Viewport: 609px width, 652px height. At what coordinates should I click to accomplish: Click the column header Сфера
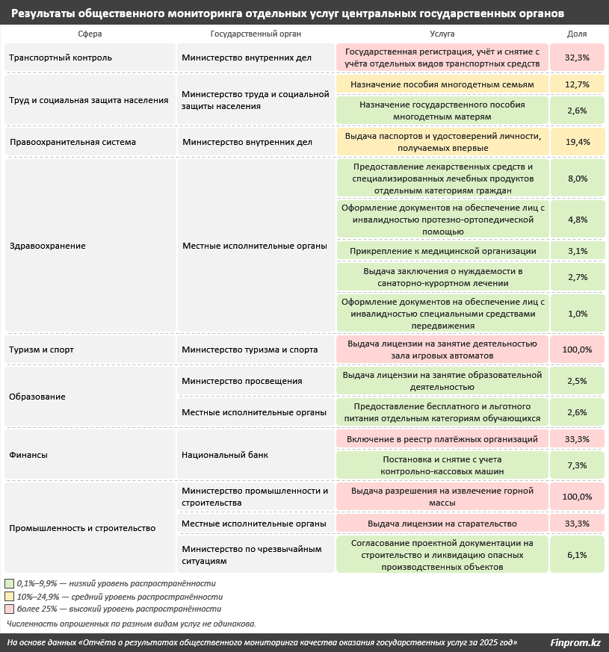coord(90,34)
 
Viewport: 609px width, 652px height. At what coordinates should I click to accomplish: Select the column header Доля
coord(577,34)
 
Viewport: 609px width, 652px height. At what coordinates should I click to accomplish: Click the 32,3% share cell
coord(578,58)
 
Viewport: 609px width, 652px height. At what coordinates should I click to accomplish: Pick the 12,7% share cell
coord(578,84)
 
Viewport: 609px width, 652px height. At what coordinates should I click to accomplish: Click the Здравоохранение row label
coord(48,246)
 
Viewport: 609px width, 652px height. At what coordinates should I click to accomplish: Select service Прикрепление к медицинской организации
coord(442,251)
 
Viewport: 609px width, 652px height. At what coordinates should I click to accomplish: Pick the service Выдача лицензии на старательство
coord(442,524)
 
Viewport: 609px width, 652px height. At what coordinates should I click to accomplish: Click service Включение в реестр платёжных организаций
coord(442,438)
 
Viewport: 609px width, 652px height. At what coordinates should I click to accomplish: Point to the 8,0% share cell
coord(578,178)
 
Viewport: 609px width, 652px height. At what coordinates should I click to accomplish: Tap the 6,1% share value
coord(578,555)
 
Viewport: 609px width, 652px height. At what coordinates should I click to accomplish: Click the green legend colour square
coord(9,583)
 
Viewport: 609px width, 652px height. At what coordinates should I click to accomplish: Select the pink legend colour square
coord(9,609)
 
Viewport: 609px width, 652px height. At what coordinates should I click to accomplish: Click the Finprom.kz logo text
coord(575,642)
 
